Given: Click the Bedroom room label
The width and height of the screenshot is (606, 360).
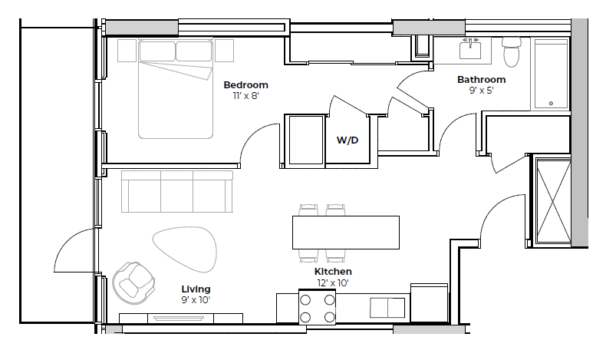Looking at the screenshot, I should tap(245, 84).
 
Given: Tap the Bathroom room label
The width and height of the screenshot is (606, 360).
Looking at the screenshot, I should tap(481, 79).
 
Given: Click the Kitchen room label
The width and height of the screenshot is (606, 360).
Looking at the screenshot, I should tap(333, 272).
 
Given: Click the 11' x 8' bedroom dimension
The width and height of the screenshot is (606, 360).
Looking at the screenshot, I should tap(245, 96).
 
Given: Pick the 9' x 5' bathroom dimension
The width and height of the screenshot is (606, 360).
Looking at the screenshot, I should tap(481, 90).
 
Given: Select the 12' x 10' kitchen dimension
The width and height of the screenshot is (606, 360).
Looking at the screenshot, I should tap(333, 283).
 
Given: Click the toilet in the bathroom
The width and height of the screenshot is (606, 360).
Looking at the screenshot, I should tap(510, 53).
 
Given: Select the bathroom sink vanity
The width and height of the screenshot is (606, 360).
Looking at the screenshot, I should tap(469, 51).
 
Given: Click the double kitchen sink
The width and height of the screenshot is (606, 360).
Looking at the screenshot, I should tap(388, 308).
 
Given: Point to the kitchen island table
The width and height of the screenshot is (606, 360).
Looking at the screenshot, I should tap(346, 232).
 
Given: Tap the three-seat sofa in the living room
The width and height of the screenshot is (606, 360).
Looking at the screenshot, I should tap(176, 192).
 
